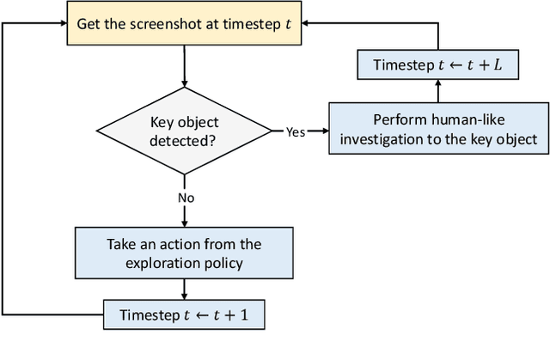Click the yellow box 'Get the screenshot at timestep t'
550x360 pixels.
[x=184, y=23]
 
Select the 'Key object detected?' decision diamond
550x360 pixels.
[x=184, y=131]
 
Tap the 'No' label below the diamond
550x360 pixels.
[x=185, y=198]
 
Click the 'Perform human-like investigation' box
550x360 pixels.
[x=437, y=130]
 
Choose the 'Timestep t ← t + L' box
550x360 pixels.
[x=438, y=64]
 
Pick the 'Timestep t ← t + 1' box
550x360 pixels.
[x=184, y=314]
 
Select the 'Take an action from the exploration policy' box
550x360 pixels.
[x=184, y=253]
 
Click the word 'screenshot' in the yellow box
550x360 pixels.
[x=160, y=23]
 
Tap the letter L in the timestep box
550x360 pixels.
[x=498, y=65]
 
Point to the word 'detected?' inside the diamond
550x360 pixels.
[x=185, y=140]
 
